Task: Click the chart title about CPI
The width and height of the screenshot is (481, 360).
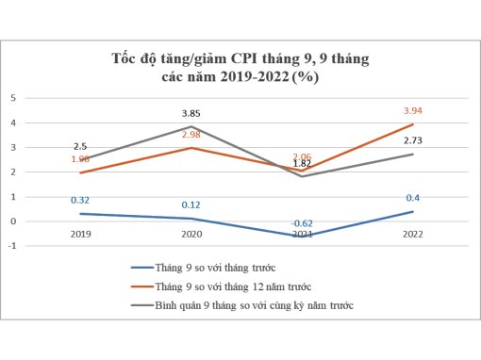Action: (240, 69)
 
